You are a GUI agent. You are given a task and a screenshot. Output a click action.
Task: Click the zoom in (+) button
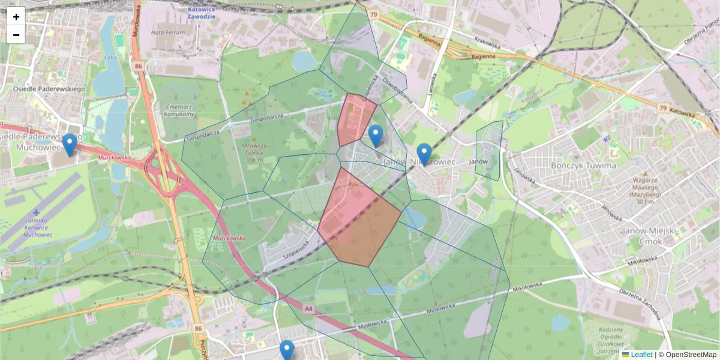(16, 16)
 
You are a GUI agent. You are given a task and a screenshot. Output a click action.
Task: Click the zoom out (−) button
(16, 35)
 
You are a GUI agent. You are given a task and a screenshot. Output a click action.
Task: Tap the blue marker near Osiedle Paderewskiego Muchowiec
(70, 145)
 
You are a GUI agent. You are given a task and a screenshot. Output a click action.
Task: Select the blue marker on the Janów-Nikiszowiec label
(424, 154)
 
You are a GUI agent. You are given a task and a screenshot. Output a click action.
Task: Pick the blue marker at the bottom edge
(287, 350)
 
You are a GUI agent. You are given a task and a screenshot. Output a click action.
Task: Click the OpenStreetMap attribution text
(687, 355)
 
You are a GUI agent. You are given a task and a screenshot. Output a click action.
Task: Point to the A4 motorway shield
(308, 308)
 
